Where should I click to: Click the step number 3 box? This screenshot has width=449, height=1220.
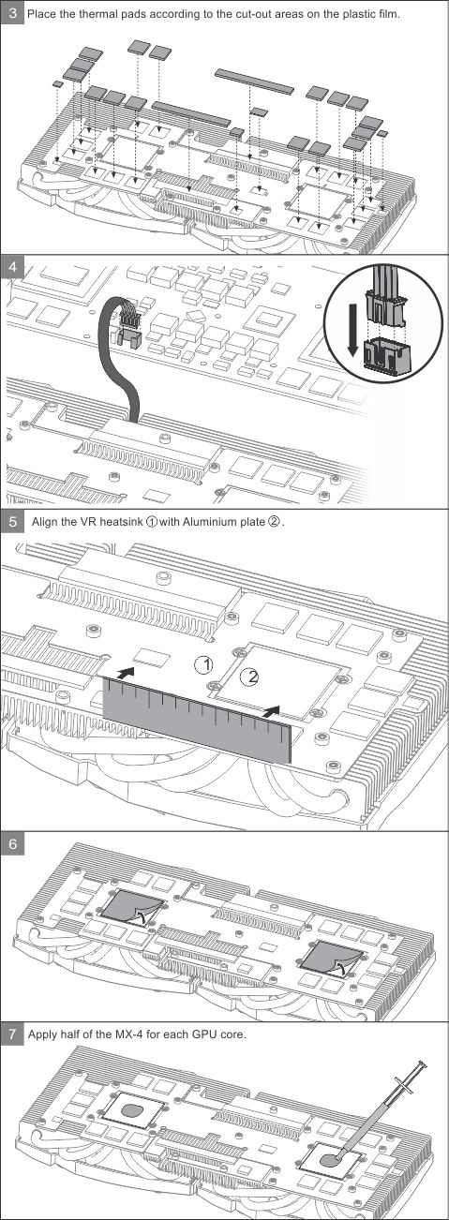[12, 12]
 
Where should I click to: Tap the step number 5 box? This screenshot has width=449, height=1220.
[12, 521]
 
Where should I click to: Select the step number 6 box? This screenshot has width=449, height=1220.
[12, 843]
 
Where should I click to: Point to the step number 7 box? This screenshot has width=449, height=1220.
[12, 1034]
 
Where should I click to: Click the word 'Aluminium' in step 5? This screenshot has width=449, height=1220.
[209, 522]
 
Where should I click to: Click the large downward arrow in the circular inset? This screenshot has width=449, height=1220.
[353, 331]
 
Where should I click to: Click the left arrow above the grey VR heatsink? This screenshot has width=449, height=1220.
[125, 674]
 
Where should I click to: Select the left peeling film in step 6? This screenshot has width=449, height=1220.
[132, 910]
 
